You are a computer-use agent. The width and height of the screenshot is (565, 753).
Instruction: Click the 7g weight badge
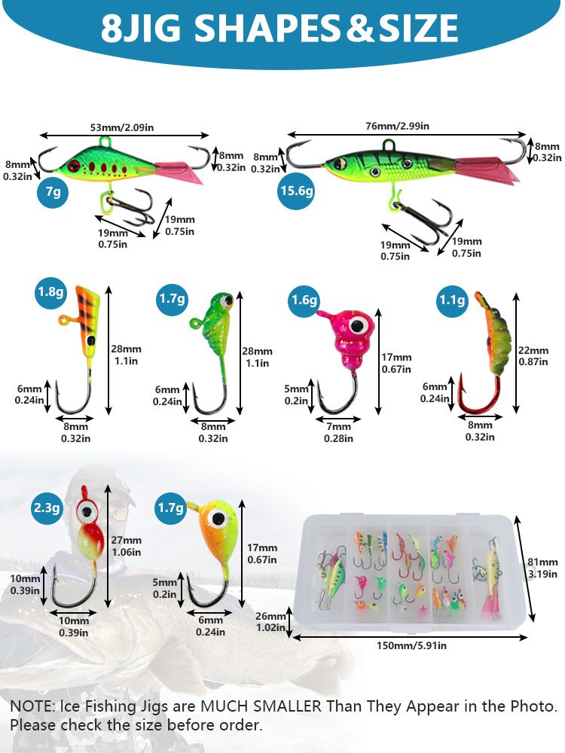[53, 193]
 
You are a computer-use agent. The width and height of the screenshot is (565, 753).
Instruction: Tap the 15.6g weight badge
[295, 191]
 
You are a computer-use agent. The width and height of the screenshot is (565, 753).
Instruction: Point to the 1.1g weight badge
[453, 300]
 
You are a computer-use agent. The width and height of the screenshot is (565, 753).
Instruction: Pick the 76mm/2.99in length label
[398, 127]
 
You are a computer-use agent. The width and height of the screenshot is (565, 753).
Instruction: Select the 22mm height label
[533, 349]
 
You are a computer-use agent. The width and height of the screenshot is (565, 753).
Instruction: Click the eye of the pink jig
[360, 325]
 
